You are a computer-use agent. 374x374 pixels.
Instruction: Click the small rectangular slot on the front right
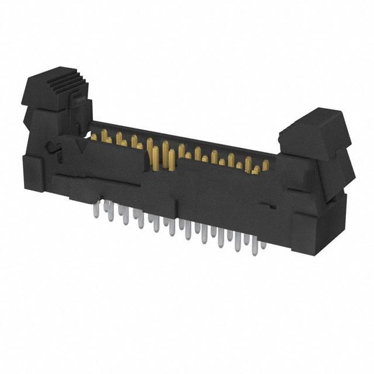tap(266, 206)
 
